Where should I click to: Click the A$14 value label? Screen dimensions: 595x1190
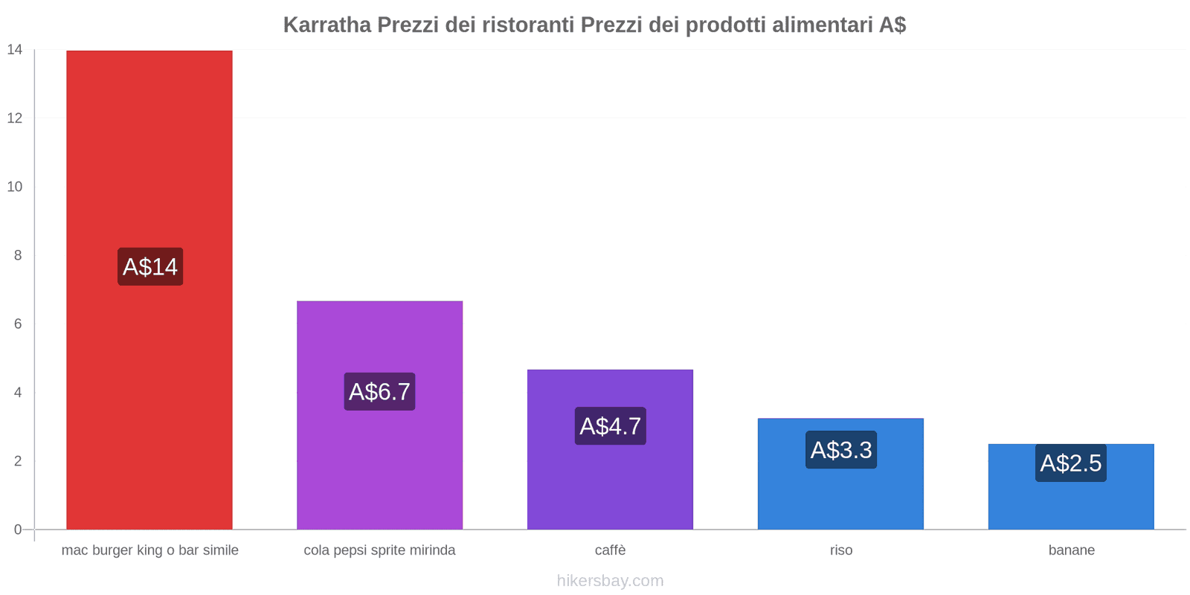[150, 266]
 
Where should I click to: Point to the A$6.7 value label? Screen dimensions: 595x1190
[379, 391]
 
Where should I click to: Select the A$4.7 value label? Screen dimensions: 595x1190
[610, 426]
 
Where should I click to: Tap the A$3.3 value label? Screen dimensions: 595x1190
[840, 450]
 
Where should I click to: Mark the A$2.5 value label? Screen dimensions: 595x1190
[1070, 463]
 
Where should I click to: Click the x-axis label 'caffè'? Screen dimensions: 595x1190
[610, 550]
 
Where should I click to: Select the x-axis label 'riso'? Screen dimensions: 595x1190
[841, 550]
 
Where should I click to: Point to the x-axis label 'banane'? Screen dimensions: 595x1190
[1071, 550]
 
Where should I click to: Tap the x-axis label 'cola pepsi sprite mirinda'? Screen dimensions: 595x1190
[379, 550]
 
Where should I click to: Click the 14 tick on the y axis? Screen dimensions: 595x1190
[15, 50]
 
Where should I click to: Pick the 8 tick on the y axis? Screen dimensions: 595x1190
[18, 255]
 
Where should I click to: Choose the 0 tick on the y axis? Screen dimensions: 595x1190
[18, 530]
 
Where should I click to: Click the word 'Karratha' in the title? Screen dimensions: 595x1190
[327, 25]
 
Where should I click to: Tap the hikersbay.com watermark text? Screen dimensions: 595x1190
[610, 581]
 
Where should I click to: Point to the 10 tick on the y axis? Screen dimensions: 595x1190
[15, 187]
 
